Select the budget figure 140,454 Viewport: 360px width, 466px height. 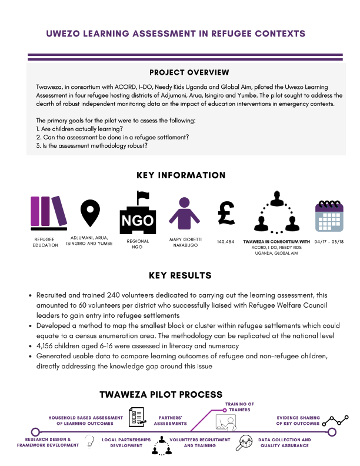click(226, 241)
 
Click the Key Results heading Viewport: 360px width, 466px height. click(181, 275)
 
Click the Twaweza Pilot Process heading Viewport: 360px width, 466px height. click(161, 394)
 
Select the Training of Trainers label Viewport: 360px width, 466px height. click(239, 407)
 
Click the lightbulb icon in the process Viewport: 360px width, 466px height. click(90, 440)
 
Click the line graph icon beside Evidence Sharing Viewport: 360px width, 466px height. click(338, 420)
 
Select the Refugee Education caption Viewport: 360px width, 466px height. click(45, 242)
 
